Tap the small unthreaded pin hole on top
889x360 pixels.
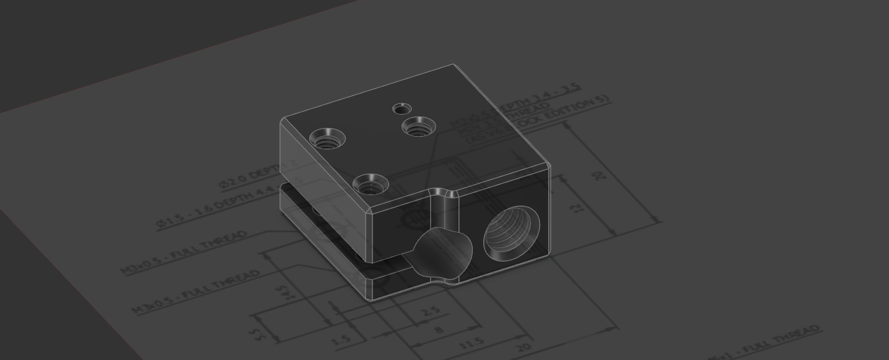point(402,108)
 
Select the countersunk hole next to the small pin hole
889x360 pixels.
point(418,126)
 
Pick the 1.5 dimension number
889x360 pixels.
point(342,340)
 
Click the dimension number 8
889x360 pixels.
point(438,330)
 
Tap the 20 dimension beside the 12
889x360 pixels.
point(601,174)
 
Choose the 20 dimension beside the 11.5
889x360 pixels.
point(523,348)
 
